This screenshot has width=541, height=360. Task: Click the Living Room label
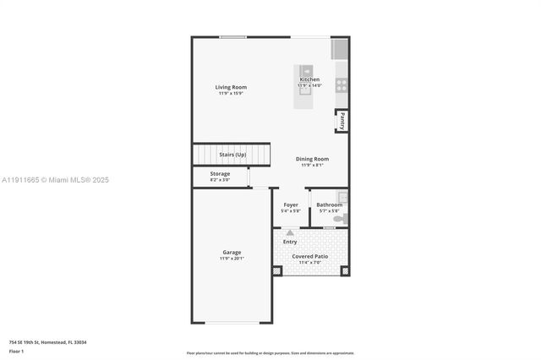point(231,87)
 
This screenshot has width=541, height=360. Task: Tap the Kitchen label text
point(309,79)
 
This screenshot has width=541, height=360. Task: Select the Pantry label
point(342,122)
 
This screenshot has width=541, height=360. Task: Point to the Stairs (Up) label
point(232,155)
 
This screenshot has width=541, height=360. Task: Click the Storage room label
point(220,173)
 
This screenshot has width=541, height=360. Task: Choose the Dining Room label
point(312,159)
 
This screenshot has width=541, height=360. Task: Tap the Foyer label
point(291,205)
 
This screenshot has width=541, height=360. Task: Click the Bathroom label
point(329,205)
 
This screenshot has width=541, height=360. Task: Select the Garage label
point(232,252)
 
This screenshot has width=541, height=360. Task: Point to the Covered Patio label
point(310,256)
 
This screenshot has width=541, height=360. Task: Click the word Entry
point(290,242)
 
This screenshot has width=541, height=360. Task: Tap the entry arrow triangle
point(290,232)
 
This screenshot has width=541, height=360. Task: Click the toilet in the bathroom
point(339,219)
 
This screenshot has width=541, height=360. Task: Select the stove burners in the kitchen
point(342,85)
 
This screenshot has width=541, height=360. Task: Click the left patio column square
point(276,271)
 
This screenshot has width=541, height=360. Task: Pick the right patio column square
point(345,271)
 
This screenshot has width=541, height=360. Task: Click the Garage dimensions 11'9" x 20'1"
point(232,259)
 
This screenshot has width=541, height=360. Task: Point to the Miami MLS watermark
point(56,180)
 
